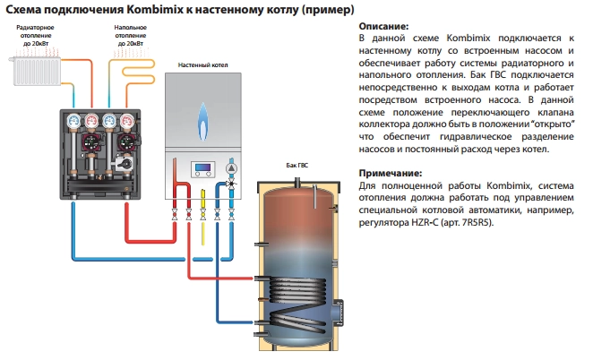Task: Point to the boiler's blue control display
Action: click(203, 169)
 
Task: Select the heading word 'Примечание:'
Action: click(390, 172)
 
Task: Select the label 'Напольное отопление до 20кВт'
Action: click(130, 36)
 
